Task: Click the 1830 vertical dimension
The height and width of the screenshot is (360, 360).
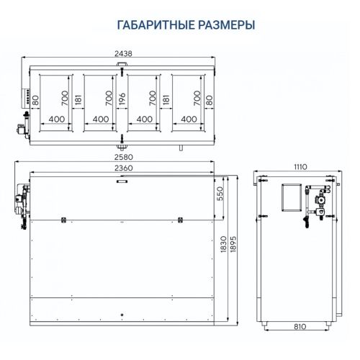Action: coord(223,245)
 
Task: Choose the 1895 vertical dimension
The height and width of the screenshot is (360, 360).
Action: coord(233,245)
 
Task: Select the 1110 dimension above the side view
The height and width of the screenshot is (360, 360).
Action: coord(301,167)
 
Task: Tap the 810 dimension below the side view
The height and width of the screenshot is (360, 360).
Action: coord(300,326)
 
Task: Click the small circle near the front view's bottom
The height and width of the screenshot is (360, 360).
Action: coord(122,315)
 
